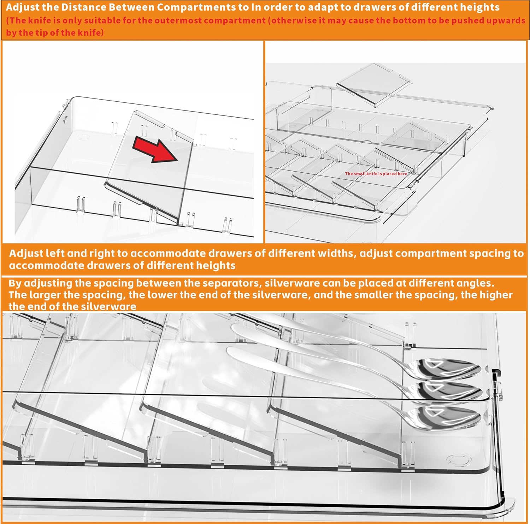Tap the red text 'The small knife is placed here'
[x=376, y=174]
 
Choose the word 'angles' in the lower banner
[x=475, y=284]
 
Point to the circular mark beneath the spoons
[x=459, y=460]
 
